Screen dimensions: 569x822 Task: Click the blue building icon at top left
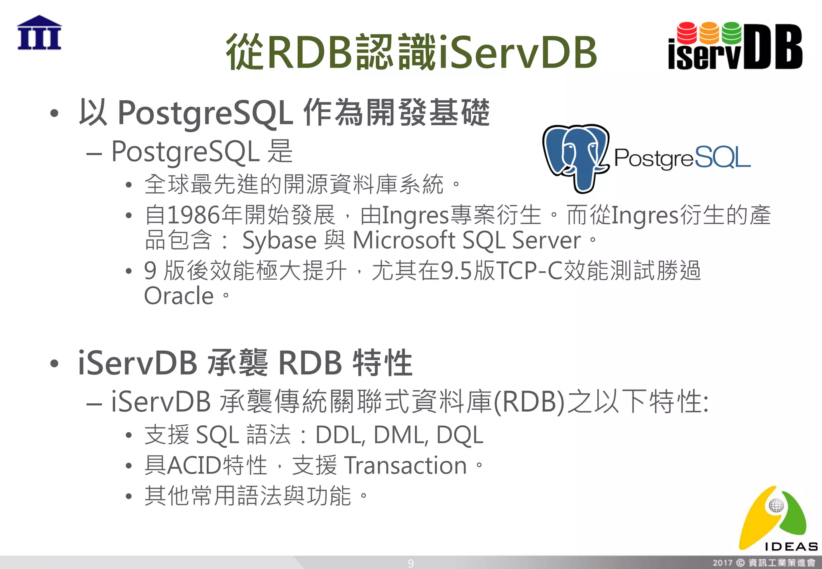pyautogui.click(x=39, y=33)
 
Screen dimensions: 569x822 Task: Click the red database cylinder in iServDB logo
pyautogui.click(x=687, y=33)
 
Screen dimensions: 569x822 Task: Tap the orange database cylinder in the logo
pyautogui.click(x=709, y=33)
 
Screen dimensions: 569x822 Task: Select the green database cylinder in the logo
pyautogui.click(x=731, y=33)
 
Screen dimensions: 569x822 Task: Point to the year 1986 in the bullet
pyautogui.click(x=193, y=215)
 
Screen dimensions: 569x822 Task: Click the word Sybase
pyautogui.click(x=279, y=241)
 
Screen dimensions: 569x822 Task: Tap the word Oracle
pyautogui.click(x=179, y=296)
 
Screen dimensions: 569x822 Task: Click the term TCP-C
pyautogui.click(x=529, y=270)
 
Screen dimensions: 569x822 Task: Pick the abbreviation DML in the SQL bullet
pyautogui.click(x=400, y=435)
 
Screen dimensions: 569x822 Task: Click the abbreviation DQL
pyautogui.click(x=460, y=435)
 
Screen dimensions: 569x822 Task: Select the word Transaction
pyautogui.click(x=405, y=465)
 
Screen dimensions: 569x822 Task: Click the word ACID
pyautogui.click(x=194, y=465)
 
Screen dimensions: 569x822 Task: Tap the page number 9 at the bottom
pyautogui.click(x=411, y=563)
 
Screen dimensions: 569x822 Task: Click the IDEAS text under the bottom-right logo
pyautogui.click(x=791, y=547)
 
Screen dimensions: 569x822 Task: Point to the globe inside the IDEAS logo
pyautogui.click(x=776, y=506)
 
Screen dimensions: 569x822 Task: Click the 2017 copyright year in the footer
pyautogui.click(x=722, y=563)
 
